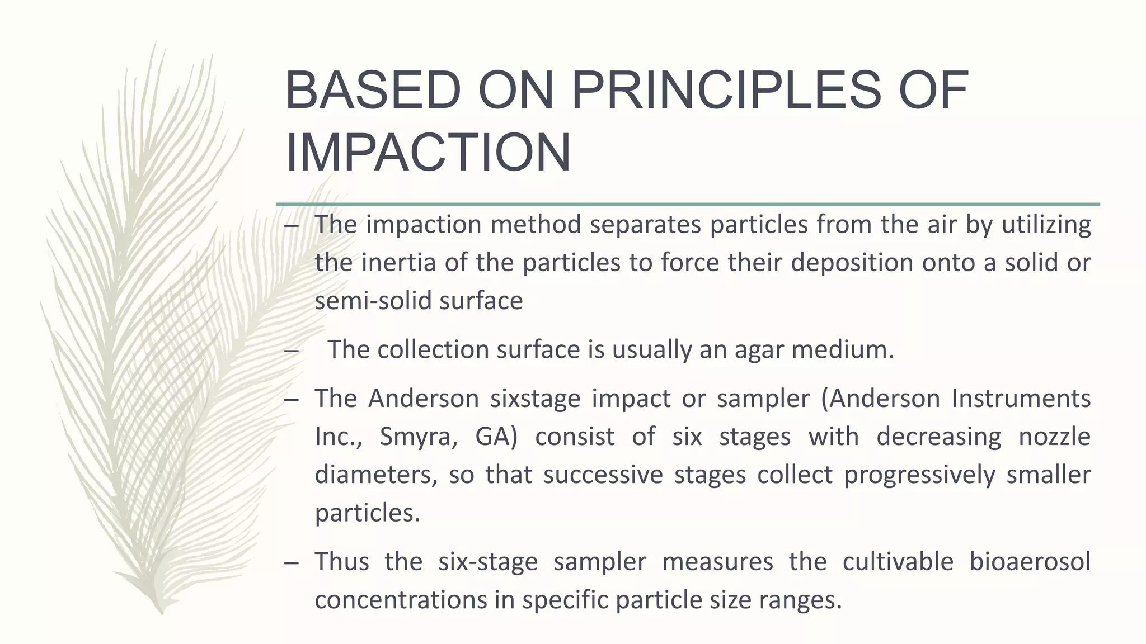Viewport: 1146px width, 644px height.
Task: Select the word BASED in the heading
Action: point(373,91)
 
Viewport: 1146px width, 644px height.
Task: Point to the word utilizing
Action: point(1046,225)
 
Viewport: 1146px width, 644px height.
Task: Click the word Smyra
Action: point(418,437)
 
